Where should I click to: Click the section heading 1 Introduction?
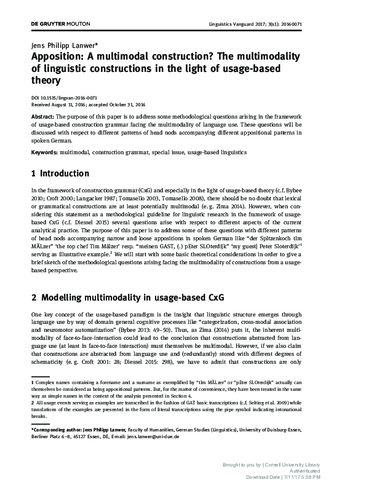(60, 174)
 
